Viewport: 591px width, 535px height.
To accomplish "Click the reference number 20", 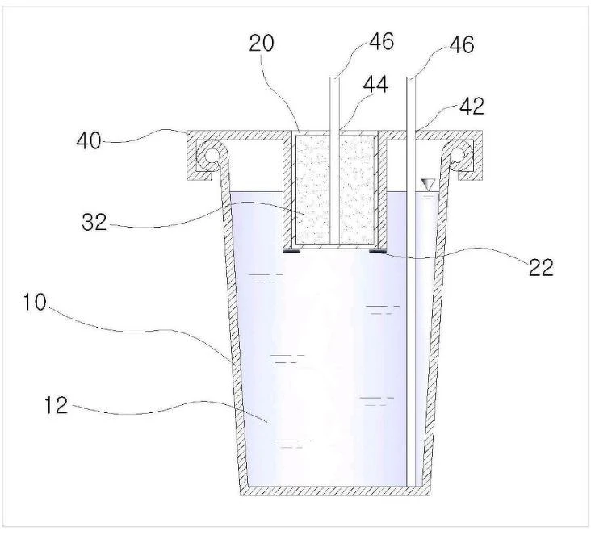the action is (262, 43).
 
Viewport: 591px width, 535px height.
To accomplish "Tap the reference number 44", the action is (375, 85).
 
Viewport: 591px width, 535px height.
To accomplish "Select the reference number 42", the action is (472, 107).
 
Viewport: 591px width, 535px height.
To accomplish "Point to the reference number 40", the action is (89, 141).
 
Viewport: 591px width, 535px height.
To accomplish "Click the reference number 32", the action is (94, 222).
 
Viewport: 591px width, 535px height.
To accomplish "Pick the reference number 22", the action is (541, 268).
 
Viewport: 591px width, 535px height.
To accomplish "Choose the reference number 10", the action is (35, 302).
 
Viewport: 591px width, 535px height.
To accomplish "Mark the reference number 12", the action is (57, 405).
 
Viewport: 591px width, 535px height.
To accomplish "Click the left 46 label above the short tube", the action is (381, 41).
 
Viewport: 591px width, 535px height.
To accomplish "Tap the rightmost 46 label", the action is (461, 44).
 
